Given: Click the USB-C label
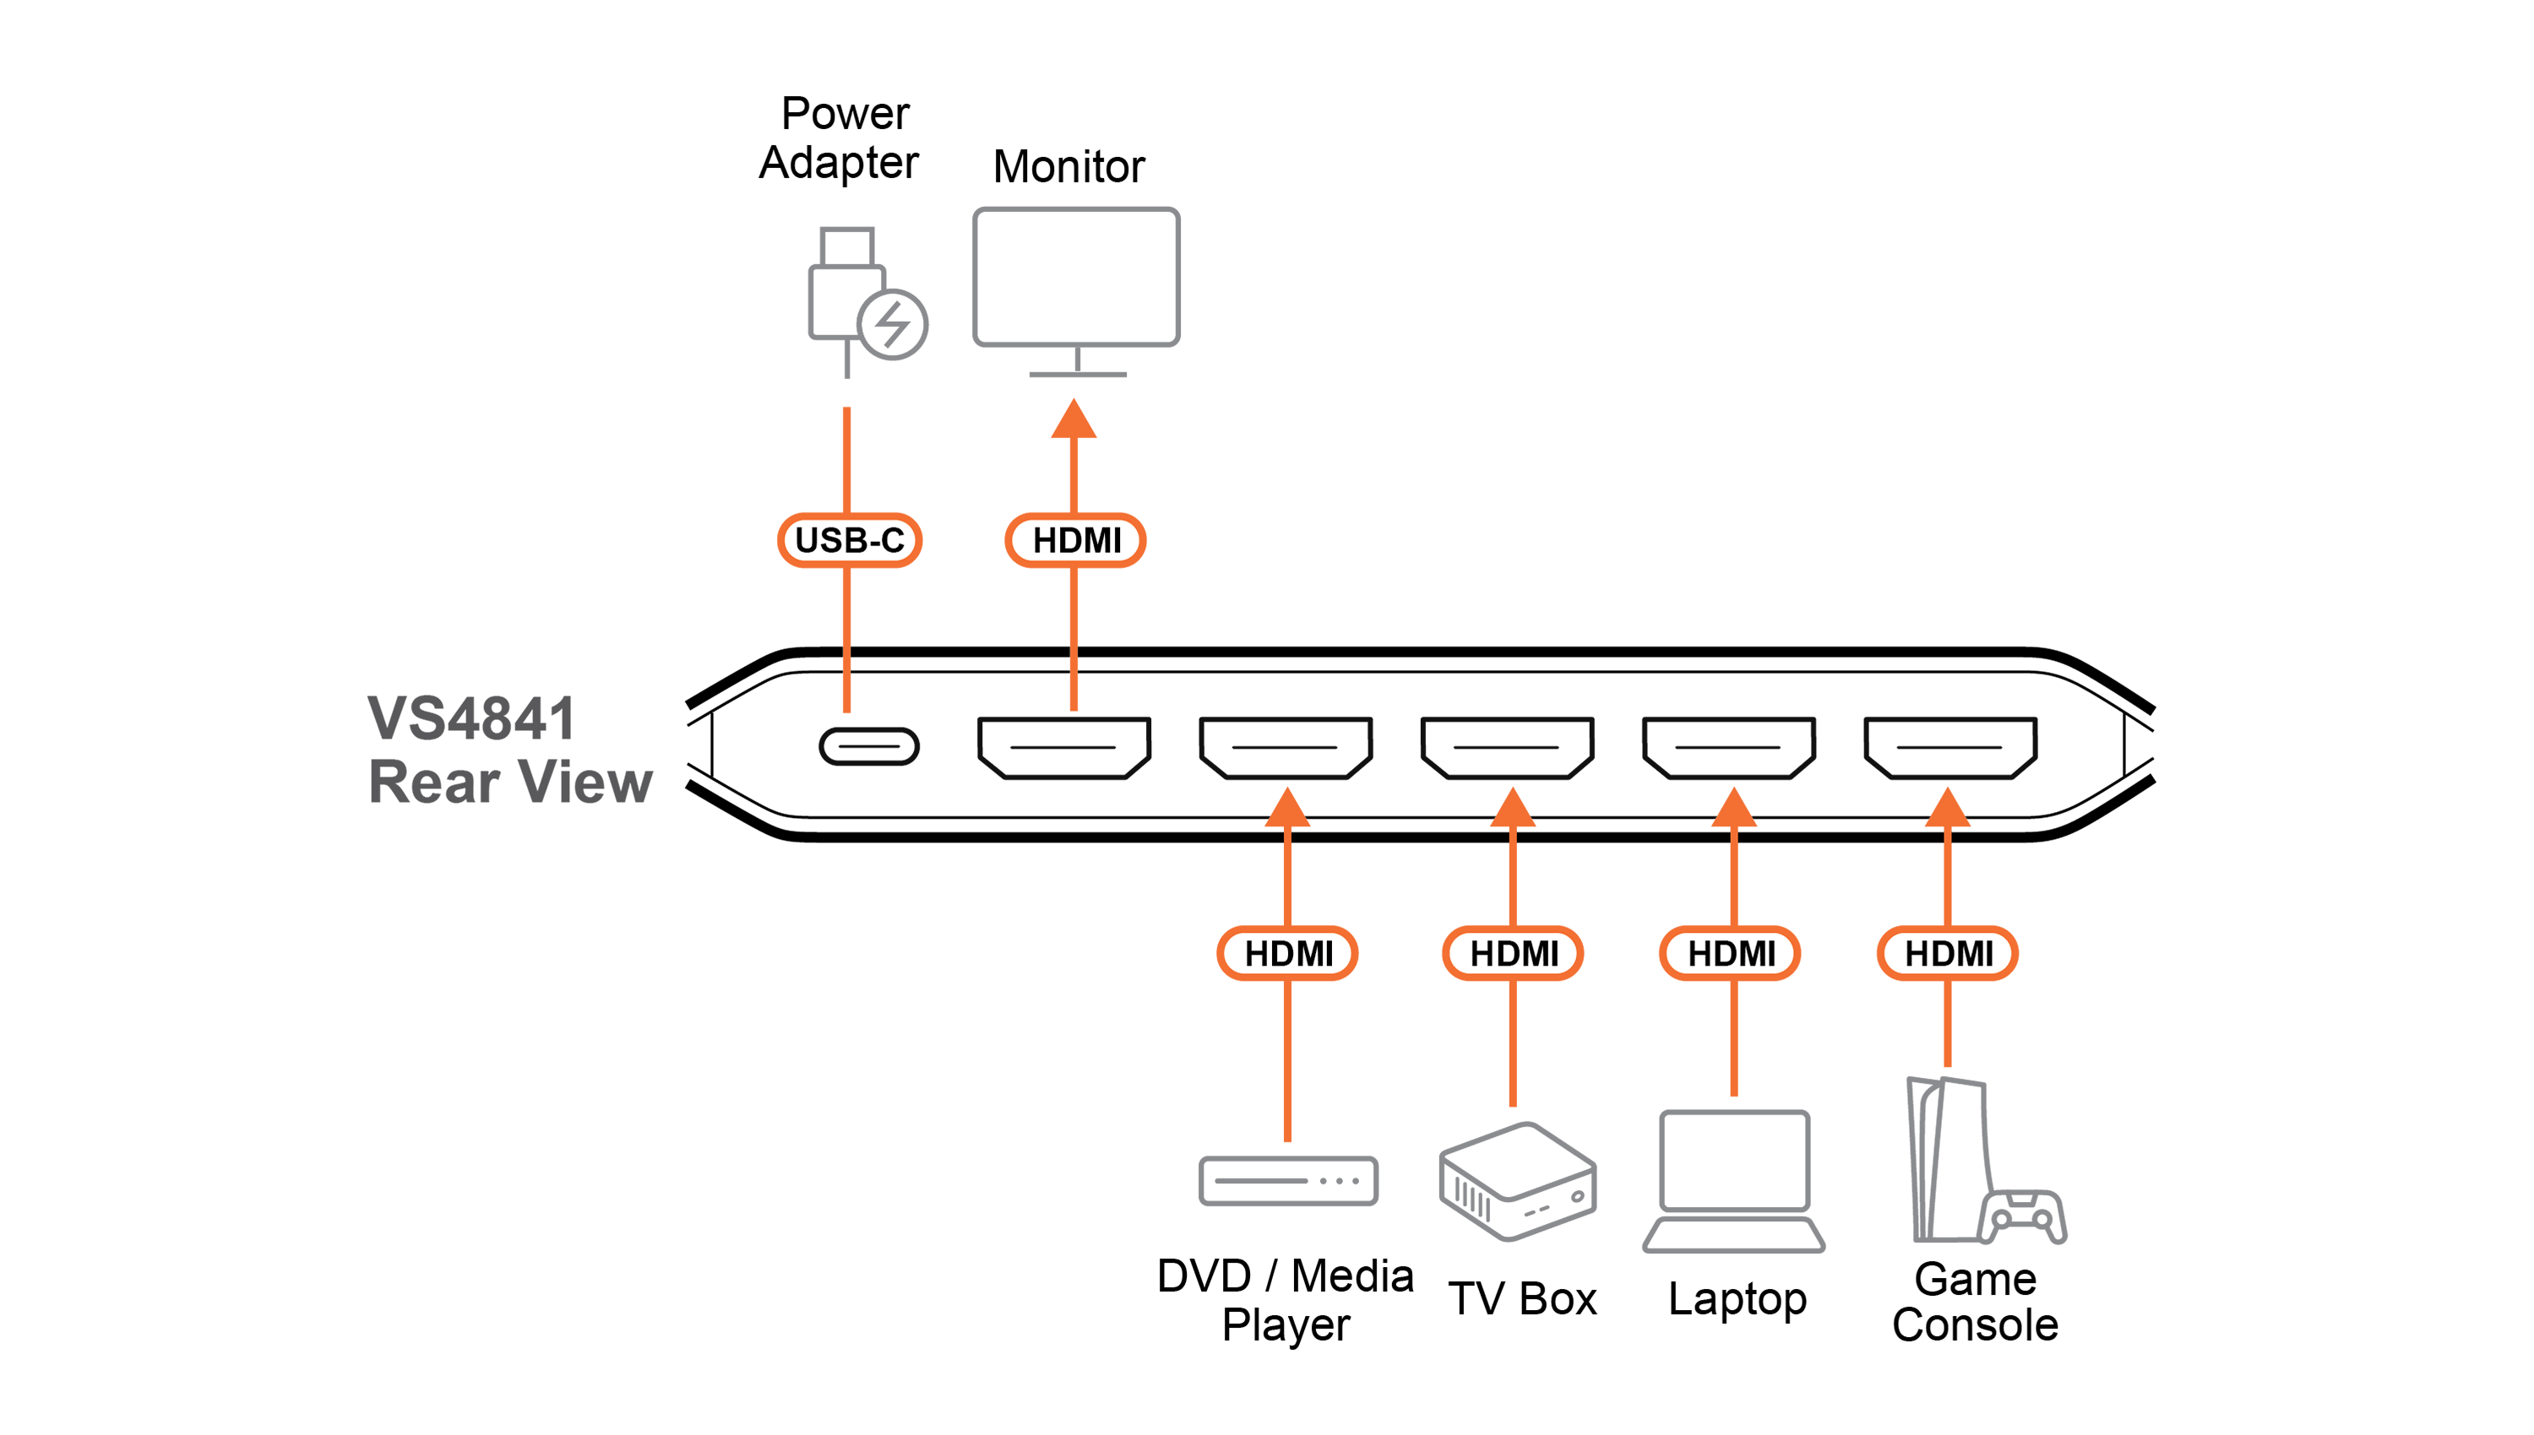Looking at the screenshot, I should click(849, 540).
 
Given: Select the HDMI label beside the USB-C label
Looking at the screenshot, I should click(1076, 540).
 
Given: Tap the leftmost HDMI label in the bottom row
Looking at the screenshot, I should click(1288, 953).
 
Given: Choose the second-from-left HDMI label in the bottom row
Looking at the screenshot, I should click(1513, 953).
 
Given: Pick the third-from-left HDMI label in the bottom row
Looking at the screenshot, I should click(1731, 953).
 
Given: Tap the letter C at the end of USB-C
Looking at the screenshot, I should click(891, 540).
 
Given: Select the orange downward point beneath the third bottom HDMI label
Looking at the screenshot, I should click(1733, 1092).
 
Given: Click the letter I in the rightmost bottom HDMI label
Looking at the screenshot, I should click(1988, 953).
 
